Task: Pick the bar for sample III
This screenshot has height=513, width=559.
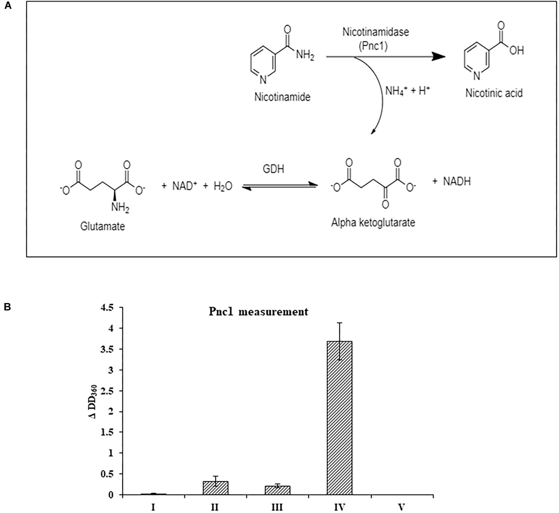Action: click(277, 490)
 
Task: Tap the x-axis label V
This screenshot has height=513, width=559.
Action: click(401, 507)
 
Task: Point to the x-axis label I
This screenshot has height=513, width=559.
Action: click(153, 507)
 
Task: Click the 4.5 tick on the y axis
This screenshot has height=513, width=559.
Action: click(107, 308)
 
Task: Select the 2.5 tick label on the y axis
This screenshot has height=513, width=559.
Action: click(107, 391)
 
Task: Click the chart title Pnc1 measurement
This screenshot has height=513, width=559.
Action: click(258, 312)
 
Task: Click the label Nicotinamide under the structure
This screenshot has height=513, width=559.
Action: click(282, 97)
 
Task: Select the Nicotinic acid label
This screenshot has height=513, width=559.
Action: click(494, 93)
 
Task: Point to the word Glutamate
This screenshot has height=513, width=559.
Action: click(102, 226)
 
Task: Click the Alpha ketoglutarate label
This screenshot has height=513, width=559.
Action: click(373, 223)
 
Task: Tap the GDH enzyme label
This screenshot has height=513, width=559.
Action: click(273, 169)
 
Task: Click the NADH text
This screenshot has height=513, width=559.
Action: click(457, 181)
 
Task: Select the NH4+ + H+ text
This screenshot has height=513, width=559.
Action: click(407, 91)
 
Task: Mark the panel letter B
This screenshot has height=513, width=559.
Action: click(7, 307)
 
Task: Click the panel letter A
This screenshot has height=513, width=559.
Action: click(8, 5)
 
